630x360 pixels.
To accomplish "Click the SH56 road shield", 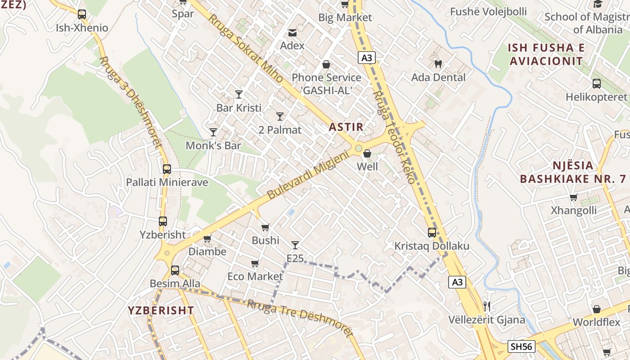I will pos(522,346).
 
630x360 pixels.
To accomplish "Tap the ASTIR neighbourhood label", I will pos(346,127).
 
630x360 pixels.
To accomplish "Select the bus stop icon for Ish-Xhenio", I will pos(81,14).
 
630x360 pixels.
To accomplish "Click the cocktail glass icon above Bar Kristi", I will pos(239,94).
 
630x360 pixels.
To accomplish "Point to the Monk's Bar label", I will pos(213,146).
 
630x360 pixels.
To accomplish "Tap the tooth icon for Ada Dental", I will pos(438,64).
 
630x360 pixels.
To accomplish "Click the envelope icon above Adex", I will pos(292,32).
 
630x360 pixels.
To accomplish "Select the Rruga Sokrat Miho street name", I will pos(245,47).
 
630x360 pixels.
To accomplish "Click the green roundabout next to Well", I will pos(358,148).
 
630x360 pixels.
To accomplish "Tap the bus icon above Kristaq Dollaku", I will pos(432,233).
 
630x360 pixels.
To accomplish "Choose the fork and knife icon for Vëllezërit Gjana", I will pos(486,306).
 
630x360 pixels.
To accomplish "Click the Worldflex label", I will pos(596,323).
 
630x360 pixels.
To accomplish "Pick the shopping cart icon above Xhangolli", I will pos(573,197).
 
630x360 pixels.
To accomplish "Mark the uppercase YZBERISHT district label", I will pos(161,310).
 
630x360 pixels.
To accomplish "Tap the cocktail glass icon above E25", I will pos(295,245).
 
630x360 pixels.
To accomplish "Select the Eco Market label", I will pos(255,276).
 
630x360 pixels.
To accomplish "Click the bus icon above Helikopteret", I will pos(596,84).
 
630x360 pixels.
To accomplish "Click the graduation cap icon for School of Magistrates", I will pos(598,4).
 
